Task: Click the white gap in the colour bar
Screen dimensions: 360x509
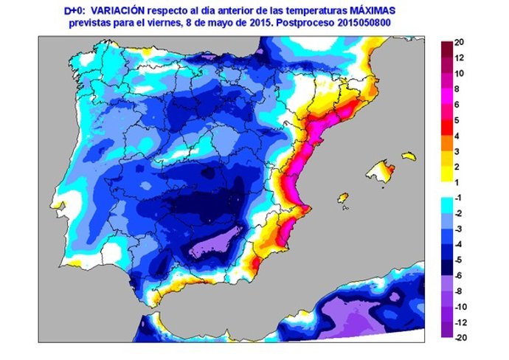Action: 447,190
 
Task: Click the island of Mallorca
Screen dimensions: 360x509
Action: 379,172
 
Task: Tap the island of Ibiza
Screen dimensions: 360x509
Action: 342,198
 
